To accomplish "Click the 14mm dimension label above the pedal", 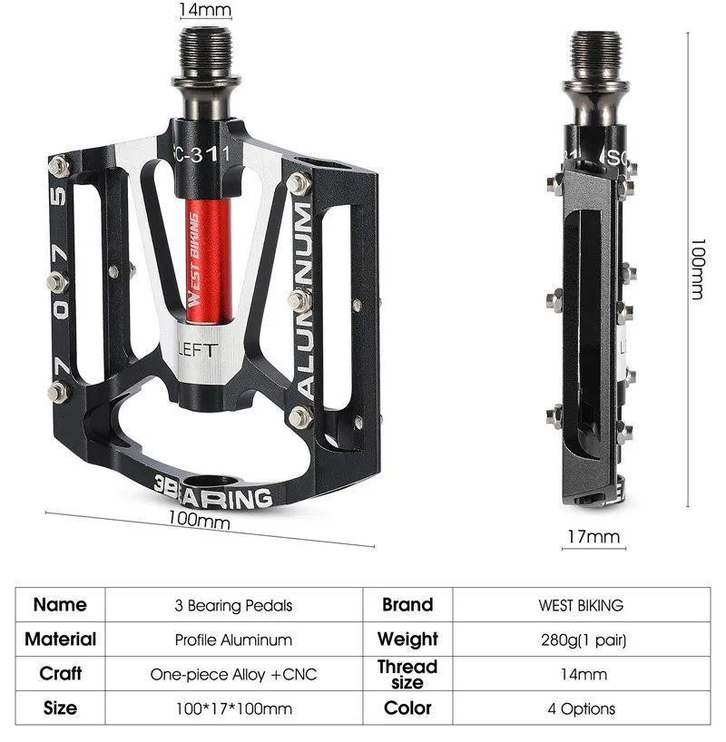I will [x=205, y=10].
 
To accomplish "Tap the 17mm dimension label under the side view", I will [x=594, y=536].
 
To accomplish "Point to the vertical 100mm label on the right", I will [x=698, y=269].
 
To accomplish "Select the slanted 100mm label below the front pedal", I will [x=199, y=522].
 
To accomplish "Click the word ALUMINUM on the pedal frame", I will [x=304, y=300].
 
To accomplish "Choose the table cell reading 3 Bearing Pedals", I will [x=233, y=605].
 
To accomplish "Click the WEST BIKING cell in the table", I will [x=581, y=605].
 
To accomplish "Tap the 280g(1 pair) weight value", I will [x=581, y=639].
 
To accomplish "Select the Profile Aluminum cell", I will [x=233, y=639].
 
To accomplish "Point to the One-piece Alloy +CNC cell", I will [x=233, y=674].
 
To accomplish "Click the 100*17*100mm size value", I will [x=233, y=708].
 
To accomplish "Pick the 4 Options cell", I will [x=581, y=708].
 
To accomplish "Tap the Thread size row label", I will [x=407, y=674].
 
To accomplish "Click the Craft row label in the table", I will [x=61, y=674].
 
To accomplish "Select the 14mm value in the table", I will [x=581, y=674].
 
